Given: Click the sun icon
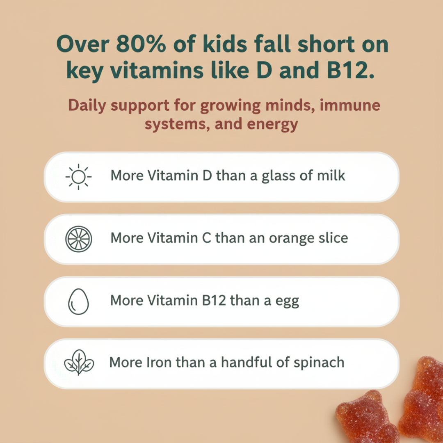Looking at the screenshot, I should click(x=78, y=177).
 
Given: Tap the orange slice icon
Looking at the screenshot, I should click(x=79, y=239).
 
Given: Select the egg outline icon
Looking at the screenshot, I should click(x=78, y=301).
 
